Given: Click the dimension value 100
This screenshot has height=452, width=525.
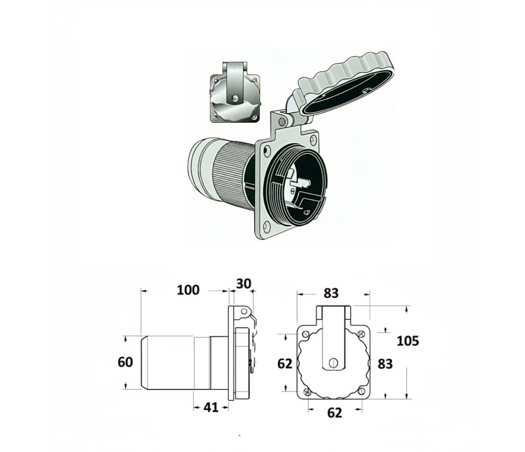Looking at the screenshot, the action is (x=188, y=290).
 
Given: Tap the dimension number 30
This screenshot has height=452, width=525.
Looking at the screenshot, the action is (x=243, y=284).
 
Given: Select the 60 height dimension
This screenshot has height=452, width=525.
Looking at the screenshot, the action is (x=125, y=362).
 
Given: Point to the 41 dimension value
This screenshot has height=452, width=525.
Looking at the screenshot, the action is (x=211, y=407).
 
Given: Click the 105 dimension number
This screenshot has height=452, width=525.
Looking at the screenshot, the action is (x=408, y=341).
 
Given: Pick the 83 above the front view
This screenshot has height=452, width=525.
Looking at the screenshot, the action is (x=331, y=293).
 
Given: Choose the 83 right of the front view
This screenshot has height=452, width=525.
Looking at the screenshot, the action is (x=385, y=364).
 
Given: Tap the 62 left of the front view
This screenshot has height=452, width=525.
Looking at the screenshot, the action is (x=285, y=364).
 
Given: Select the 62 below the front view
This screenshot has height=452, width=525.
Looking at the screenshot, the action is (x=334, y=413).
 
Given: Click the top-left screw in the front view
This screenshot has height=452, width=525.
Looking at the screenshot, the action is (x=305, y=334).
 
